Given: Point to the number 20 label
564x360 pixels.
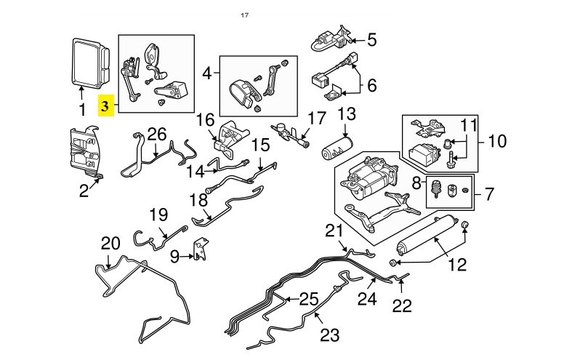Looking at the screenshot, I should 110,243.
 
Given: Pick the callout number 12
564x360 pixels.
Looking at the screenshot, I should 457,265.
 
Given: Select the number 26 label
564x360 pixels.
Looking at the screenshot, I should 157,134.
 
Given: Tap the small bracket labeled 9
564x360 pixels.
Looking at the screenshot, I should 196,250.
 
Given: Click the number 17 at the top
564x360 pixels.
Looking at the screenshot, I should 245,15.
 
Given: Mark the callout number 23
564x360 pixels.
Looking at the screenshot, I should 330,335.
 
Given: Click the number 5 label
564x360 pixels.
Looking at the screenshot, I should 371,40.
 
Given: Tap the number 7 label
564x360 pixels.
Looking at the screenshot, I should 489,195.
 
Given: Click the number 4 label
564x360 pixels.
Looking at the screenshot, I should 207,73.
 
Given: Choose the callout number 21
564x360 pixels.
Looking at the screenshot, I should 334,231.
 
